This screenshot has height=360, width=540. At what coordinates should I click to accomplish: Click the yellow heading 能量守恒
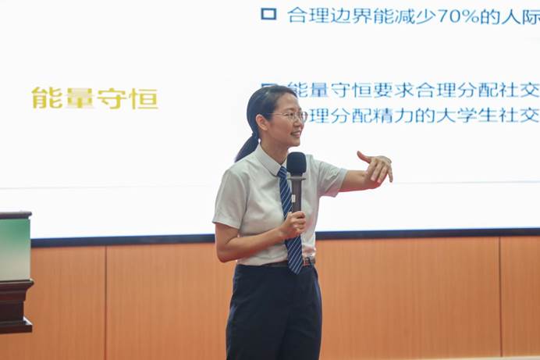(x=94, y=98)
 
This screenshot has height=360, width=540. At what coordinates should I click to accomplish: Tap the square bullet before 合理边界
(x=268, y=14)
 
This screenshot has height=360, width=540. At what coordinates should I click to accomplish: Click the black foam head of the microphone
(x=297, y=163)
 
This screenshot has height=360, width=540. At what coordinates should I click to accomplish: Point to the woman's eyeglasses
(x=290, y=116)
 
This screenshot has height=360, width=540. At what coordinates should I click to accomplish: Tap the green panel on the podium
(x=14, y=249)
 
